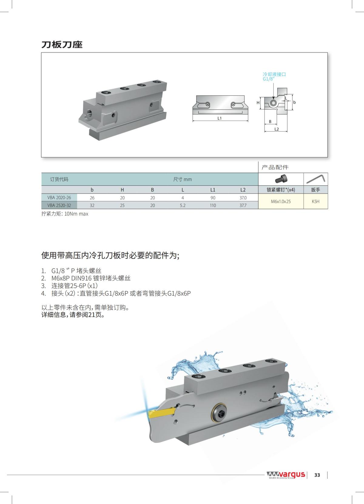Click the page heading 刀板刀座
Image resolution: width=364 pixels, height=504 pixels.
click(x=62, y=45)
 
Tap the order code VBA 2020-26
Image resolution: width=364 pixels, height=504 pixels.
click(x=59, y=197)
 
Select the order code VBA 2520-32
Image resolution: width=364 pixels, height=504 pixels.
click(x=59, y=205)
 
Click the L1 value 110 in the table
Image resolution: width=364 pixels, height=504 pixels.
click(x=213, y=205)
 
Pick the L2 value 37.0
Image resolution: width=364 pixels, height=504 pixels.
click(x=243, y=197)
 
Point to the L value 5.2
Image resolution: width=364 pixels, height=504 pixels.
click(x=182, y=205)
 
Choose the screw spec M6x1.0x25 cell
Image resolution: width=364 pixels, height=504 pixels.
click(x=281, y=201)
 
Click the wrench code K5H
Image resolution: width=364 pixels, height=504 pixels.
click(x=315, y=201)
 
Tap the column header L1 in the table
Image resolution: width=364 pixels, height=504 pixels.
click(x=213, y=190)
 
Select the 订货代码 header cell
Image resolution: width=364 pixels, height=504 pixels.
click(x=59, y=179)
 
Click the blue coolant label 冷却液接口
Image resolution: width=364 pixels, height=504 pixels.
click(x=274, y=74)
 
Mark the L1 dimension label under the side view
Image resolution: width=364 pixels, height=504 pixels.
click(x=219, y=118)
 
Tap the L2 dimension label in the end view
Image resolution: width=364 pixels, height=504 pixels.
click(x=276, y=129)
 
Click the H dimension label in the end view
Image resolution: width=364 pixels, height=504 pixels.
click(x=258, y=103)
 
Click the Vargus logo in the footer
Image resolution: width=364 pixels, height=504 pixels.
click(x=286, y=474)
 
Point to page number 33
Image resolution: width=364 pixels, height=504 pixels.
click(x=317, y=475)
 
